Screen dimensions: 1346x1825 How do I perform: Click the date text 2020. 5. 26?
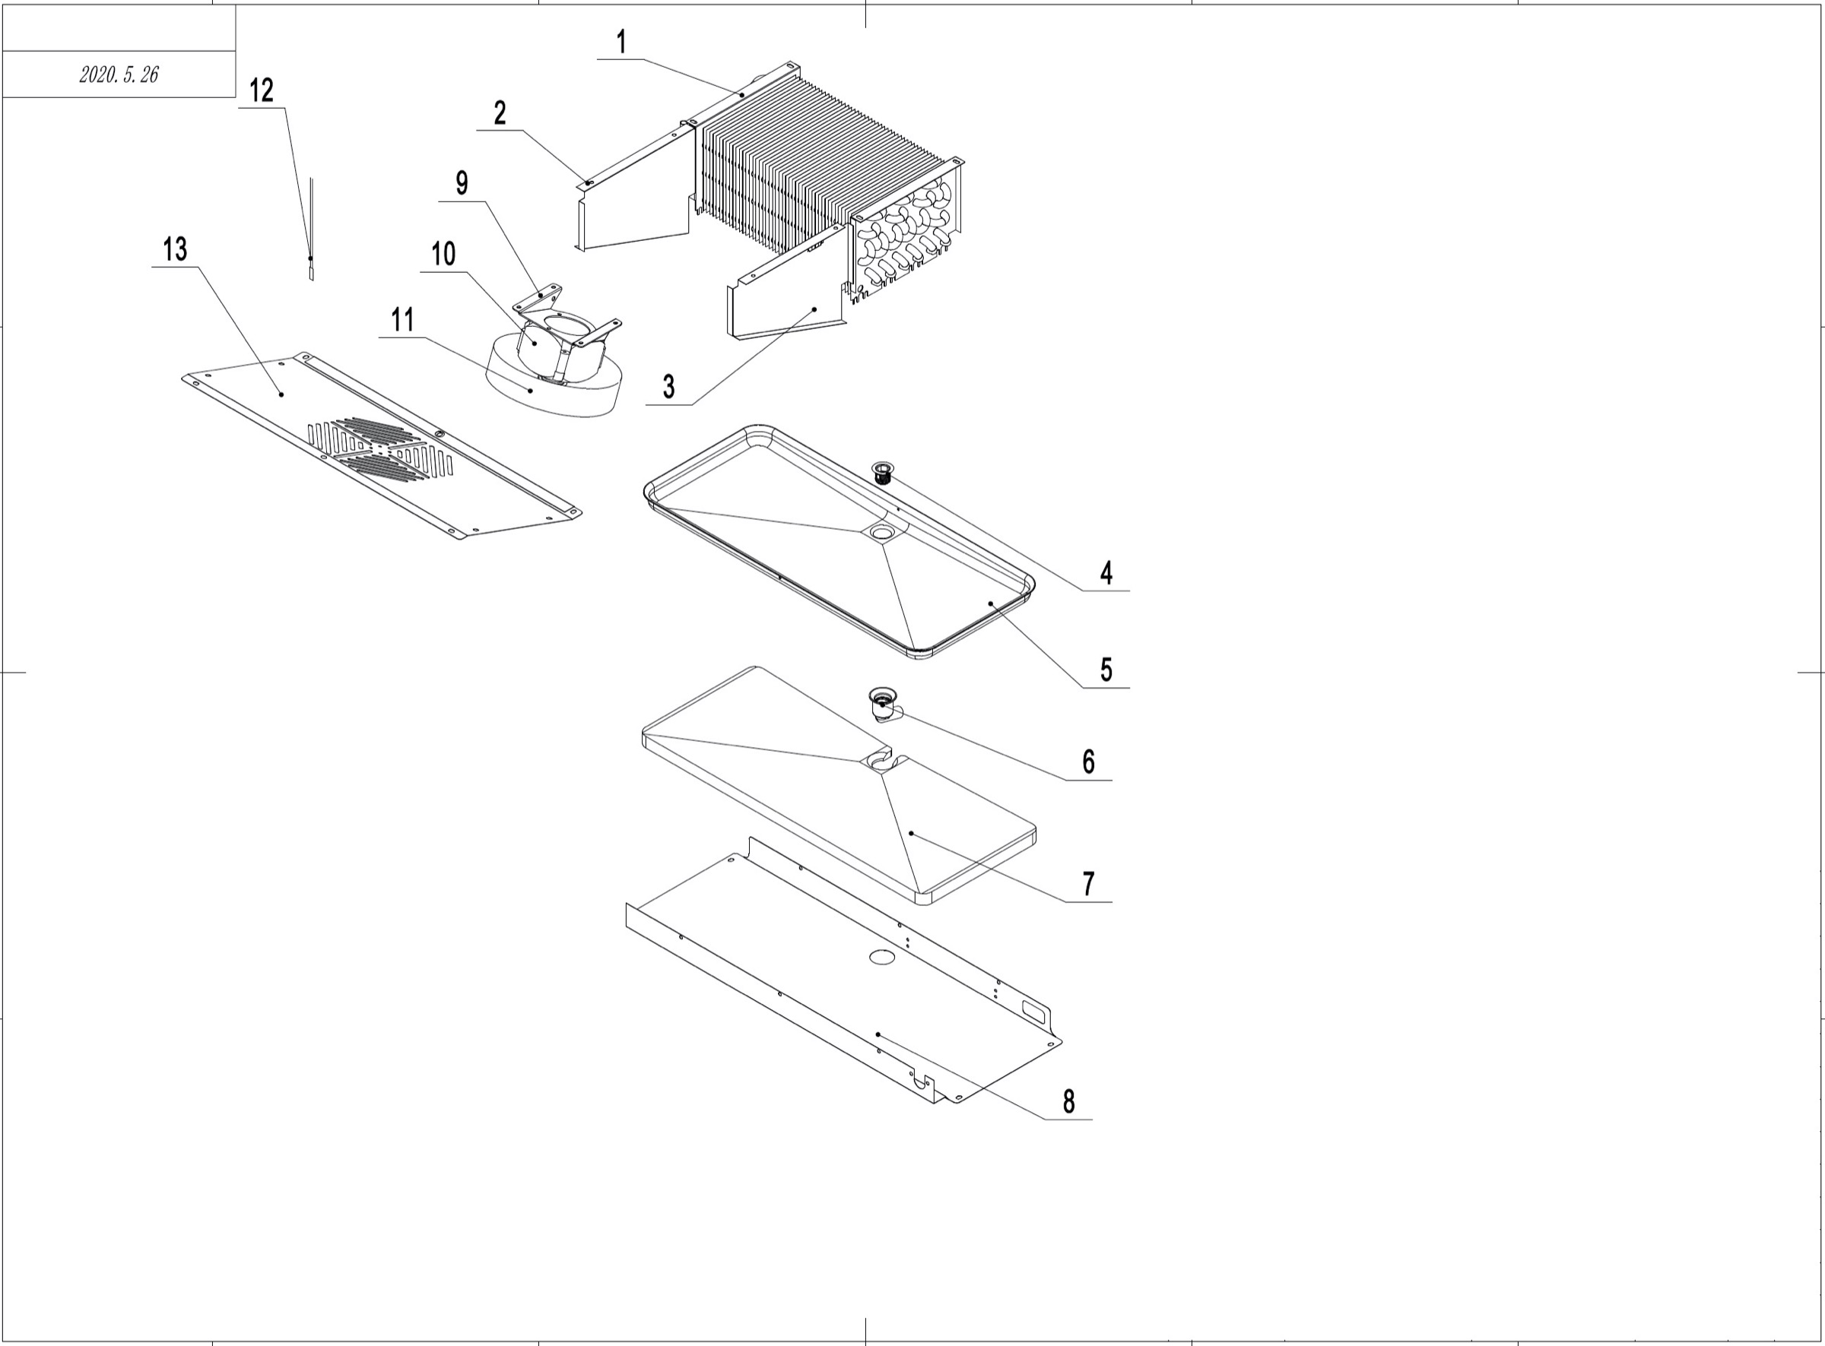[x=119, y=75]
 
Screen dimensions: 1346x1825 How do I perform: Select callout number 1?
[x=621, y=43]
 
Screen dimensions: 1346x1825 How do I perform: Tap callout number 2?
[x=500, y=113]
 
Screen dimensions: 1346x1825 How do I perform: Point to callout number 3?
[x=668, y=386]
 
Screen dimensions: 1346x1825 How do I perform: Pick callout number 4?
[x=1106, y=573]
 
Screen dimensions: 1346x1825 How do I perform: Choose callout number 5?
[x=1106, y=670]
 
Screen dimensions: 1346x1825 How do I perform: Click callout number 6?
[x=1088, y=762]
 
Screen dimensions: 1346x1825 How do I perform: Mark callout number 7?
[x=1088, y=883]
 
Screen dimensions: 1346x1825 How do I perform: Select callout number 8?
[x=1068, y=1101]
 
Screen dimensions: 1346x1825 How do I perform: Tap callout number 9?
[x=462, y=183]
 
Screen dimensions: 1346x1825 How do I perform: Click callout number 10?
[x=443, y=254]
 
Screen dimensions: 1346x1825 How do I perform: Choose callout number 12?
[x=261, y=90]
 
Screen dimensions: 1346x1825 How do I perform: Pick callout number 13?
[x=175, y=249]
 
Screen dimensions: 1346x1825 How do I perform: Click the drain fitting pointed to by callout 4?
[x=883, y=473]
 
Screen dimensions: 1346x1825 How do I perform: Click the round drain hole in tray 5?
[x=881, y=532]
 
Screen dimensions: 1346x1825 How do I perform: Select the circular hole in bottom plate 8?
[x=881, y=957]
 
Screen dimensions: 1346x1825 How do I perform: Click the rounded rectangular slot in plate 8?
[x=1033, y=1011]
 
